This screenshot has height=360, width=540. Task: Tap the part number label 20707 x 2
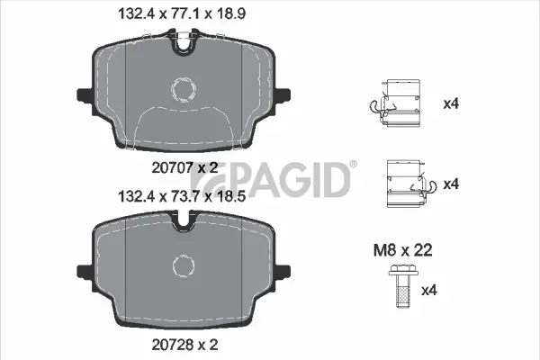pyautogui.click(x=184, y=166)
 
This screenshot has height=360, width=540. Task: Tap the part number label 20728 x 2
pyautogui.click(x=184, y=343)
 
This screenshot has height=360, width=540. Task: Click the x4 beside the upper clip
pyautogui.click(x=451, y=103)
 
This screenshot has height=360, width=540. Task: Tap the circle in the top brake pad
pyautogui.click(x=184, y=89)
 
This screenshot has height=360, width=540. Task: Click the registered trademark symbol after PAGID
pyautogui.click(x=353, y=164)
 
